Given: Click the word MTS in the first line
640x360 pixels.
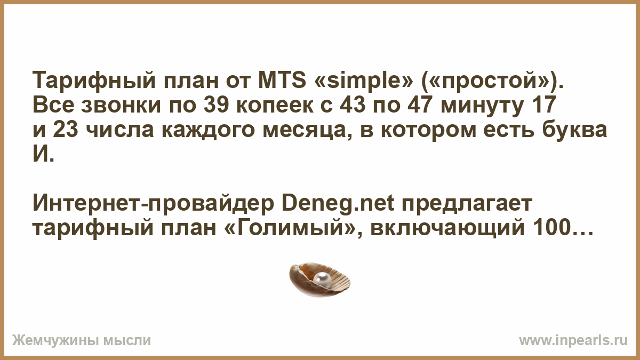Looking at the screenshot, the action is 282,81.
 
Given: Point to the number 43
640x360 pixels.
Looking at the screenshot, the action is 353,105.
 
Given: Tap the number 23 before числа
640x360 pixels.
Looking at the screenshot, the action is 66,130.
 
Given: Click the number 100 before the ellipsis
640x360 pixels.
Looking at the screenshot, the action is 551,228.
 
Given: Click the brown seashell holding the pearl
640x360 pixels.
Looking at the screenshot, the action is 319,279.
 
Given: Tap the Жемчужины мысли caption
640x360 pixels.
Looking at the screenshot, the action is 82,341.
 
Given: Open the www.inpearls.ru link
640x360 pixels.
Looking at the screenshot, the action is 573,341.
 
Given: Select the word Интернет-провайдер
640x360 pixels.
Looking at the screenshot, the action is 154,204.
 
